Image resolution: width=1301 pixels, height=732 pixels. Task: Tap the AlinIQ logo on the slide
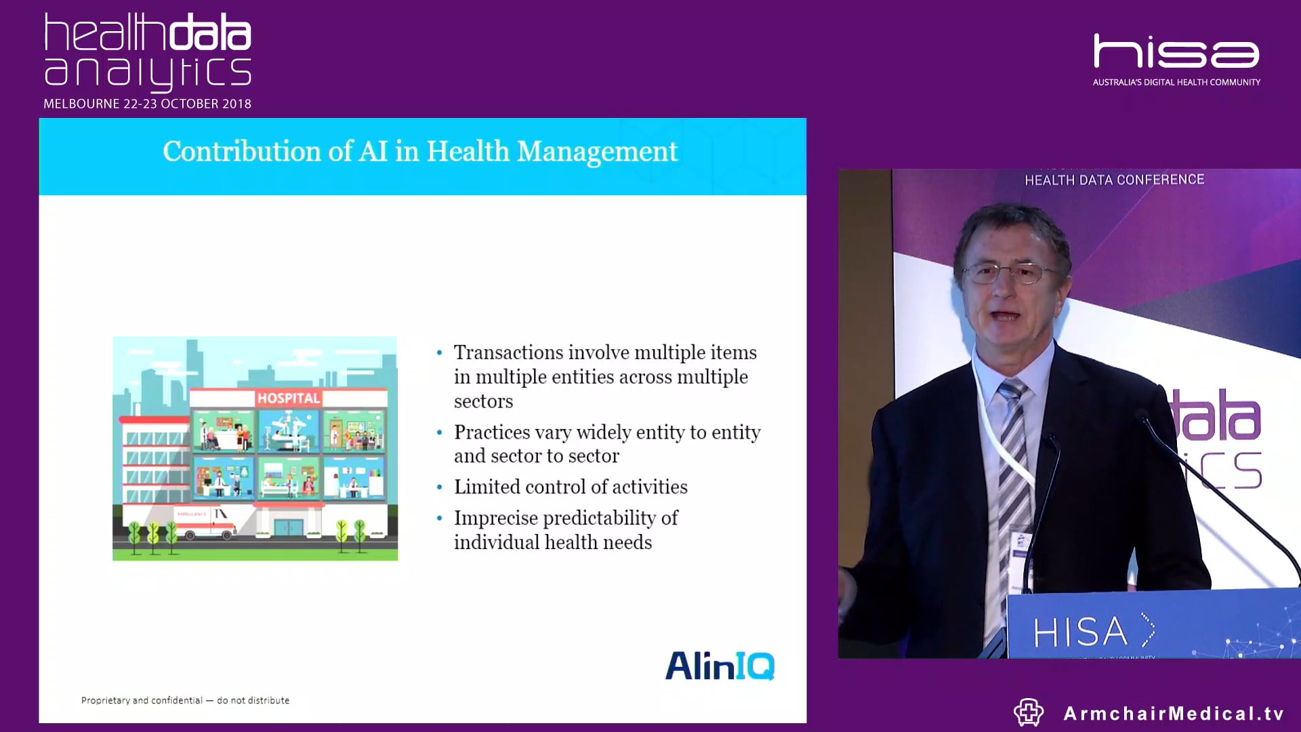click(720, 666)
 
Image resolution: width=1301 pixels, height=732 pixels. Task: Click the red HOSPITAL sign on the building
click(288, 399)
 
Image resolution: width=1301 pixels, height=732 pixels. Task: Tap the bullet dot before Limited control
click(440, 487)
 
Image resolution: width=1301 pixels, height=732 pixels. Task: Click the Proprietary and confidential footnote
click(185, 700)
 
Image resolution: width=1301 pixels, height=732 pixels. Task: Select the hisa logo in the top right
click(1176, 52)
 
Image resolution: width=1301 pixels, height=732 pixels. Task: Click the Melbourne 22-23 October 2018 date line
click(147, 104)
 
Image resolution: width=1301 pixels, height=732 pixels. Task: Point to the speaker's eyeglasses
click(1010, 273)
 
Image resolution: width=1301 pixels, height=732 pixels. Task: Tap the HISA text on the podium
click(1080, 632)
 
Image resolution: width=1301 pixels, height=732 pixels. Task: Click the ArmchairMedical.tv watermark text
click(1174, 713)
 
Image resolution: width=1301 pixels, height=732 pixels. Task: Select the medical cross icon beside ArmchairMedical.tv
click(1028, 712)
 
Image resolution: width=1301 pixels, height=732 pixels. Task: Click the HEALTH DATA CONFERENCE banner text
click(1114, 180)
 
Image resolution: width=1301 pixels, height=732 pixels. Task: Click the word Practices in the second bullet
click(492, 432)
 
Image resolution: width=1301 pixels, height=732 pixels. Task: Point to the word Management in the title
click(597, 151)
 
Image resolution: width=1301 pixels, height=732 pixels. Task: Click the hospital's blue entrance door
click(288, 527)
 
